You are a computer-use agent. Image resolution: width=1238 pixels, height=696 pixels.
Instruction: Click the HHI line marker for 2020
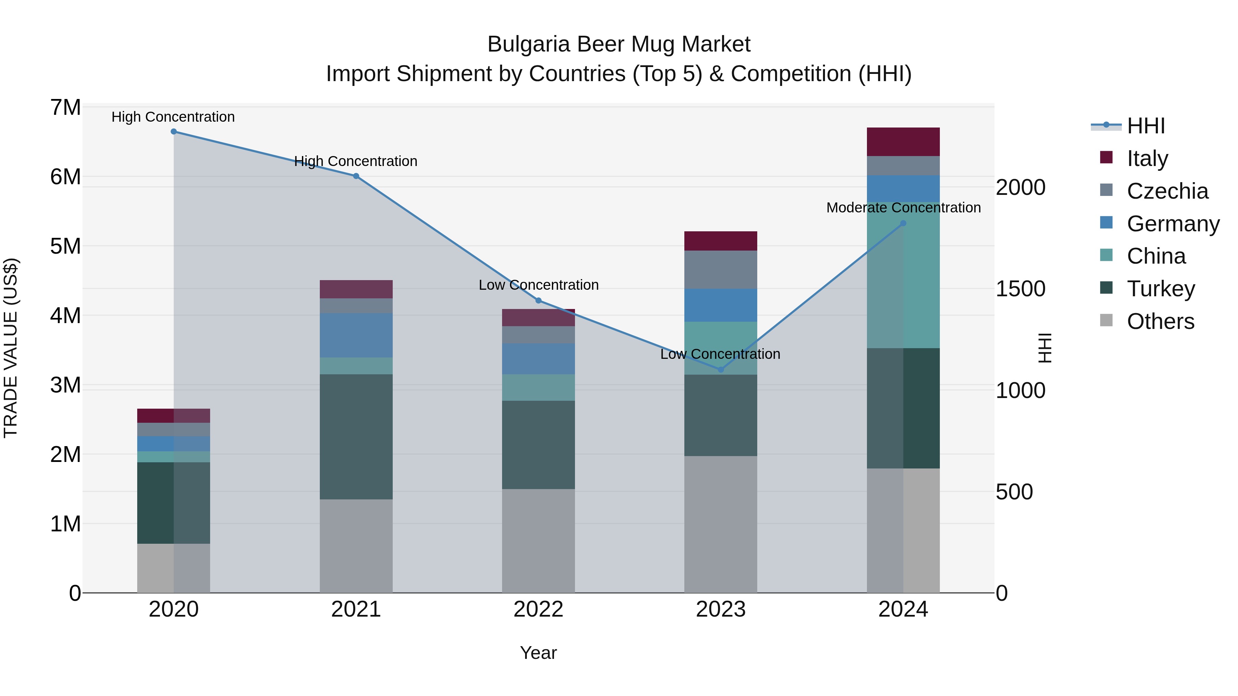(x=174, y=132)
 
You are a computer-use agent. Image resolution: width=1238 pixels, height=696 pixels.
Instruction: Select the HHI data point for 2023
(x=720, y=369)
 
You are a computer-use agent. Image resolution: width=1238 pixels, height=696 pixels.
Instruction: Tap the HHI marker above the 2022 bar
(x=538, y=301)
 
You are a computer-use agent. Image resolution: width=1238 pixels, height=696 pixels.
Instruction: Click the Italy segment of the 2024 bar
(x=903, y=142)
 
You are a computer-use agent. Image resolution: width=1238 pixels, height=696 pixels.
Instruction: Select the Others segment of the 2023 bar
(x=720, y=524)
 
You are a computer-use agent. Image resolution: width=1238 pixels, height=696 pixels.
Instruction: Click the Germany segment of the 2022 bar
(x=538, y=359)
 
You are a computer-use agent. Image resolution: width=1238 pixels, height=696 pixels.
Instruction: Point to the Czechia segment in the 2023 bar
(x=720, y=269)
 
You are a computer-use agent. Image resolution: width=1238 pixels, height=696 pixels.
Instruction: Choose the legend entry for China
(x=1156, y=256)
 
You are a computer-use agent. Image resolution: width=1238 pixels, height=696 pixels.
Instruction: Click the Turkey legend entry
(x=1160, y=289)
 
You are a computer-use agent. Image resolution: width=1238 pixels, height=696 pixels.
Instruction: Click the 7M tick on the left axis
(x=65, y=108)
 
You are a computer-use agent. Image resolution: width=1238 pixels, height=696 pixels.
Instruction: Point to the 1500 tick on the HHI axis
(x=1020, y=289)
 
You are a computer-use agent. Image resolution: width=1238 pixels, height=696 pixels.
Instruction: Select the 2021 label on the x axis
(x=356, y=609)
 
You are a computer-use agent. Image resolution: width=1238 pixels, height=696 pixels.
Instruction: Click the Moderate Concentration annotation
(x=903, y=208)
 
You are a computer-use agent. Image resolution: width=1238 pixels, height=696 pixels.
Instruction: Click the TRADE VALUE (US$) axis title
(x=11, y=348)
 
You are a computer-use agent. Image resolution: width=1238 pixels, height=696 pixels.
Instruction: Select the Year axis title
(x=538, y=653)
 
